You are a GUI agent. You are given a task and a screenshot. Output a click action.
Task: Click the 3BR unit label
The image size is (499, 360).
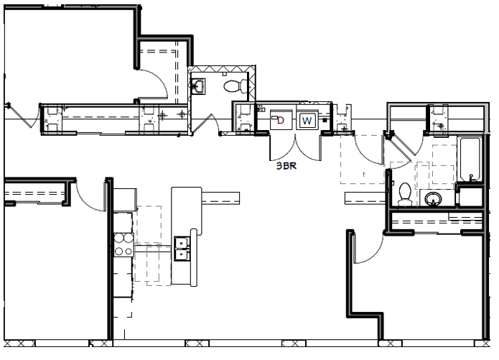point(288,165)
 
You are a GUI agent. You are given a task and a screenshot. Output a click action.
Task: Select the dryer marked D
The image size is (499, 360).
point(280,120)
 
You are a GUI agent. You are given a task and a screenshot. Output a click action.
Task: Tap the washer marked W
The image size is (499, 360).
point(307,120)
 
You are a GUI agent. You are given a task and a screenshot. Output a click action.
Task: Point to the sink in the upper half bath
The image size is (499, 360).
point(199,86)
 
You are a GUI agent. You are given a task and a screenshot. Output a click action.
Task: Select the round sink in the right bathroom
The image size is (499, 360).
point(434,198)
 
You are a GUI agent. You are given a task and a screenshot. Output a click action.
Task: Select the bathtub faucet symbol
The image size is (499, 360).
point(470,175)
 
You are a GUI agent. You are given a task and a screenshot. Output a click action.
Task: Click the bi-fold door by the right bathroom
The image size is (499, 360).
point(399,146)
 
